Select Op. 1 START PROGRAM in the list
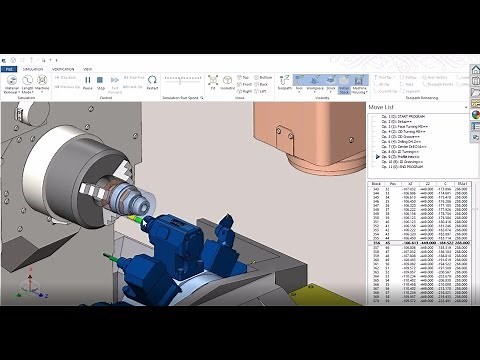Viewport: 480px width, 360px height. pos(410,116)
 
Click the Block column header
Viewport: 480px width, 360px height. pos(378,184)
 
